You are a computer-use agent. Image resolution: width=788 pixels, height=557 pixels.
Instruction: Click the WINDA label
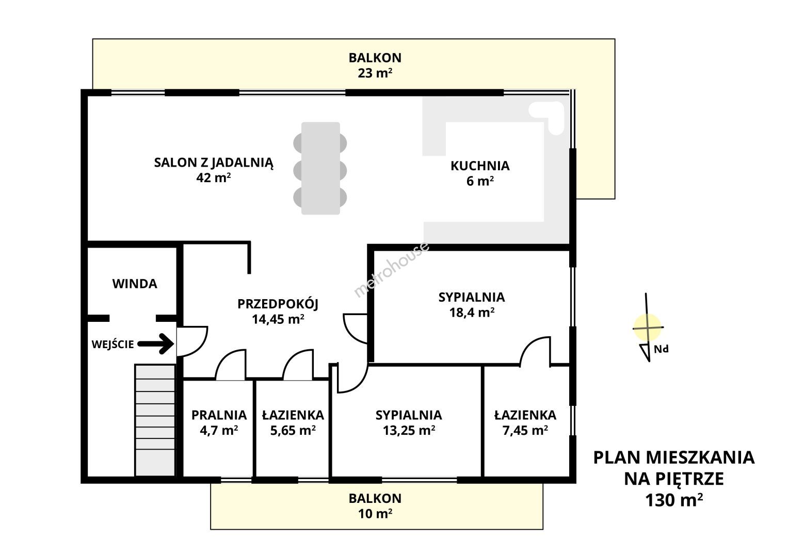tap(135, 284)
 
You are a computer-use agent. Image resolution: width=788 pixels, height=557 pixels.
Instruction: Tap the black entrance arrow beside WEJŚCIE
tap(156, 344)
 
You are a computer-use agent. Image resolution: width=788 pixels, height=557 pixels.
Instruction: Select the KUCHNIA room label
tap(480, 166)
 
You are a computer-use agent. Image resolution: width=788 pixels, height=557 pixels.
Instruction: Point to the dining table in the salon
tap(320, 169)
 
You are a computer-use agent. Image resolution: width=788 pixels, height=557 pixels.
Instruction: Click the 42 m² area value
tap(214, 177)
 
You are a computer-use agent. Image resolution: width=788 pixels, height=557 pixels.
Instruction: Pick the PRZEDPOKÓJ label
tap(278, 304)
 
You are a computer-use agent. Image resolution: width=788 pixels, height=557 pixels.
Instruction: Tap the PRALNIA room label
tap(219, 415)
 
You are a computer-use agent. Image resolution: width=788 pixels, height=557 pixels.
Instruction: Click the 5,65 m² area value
tap(293, 431)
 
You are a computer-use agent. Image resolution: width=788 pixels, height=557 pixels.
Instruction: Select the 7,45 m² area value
tap(525, 431)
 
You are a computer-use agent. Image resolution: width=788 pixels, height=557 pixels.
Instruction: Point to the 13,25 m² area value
tap(409, 431)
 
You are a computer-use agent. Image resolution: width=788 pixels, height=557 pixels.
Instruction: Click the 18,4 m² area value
tap(472, 312)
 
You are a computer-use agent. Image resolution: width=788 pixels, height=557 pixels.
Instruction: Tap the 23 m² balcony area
tap(375, 73)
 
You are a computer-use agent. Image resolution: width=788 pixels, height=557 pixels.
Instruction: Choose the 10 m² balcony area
tap(375, 514)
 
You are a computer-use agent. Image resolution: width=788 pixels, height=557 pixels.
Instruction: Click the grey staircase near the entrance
tap(155, 420)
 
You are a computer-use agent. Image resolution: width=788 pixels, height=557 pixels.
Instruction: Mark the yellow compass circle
tap(647, 327)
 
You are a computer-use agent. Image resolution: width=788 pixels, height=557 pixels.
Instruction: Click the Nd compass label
tap(661, 349)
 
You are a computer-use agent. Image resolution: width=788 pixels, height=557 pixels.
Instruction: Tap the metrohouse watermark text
tap(391, 269)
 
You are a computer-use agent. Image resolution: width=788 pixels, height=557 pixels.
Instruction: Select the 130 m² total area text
tap(674, 500)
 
